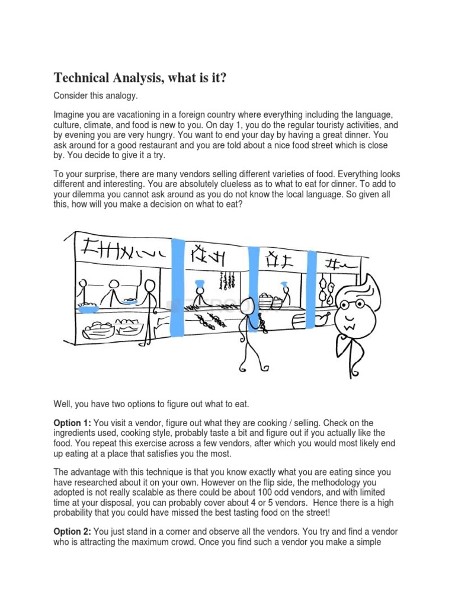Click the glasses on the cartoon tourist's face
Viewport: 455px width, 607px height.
355,306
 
